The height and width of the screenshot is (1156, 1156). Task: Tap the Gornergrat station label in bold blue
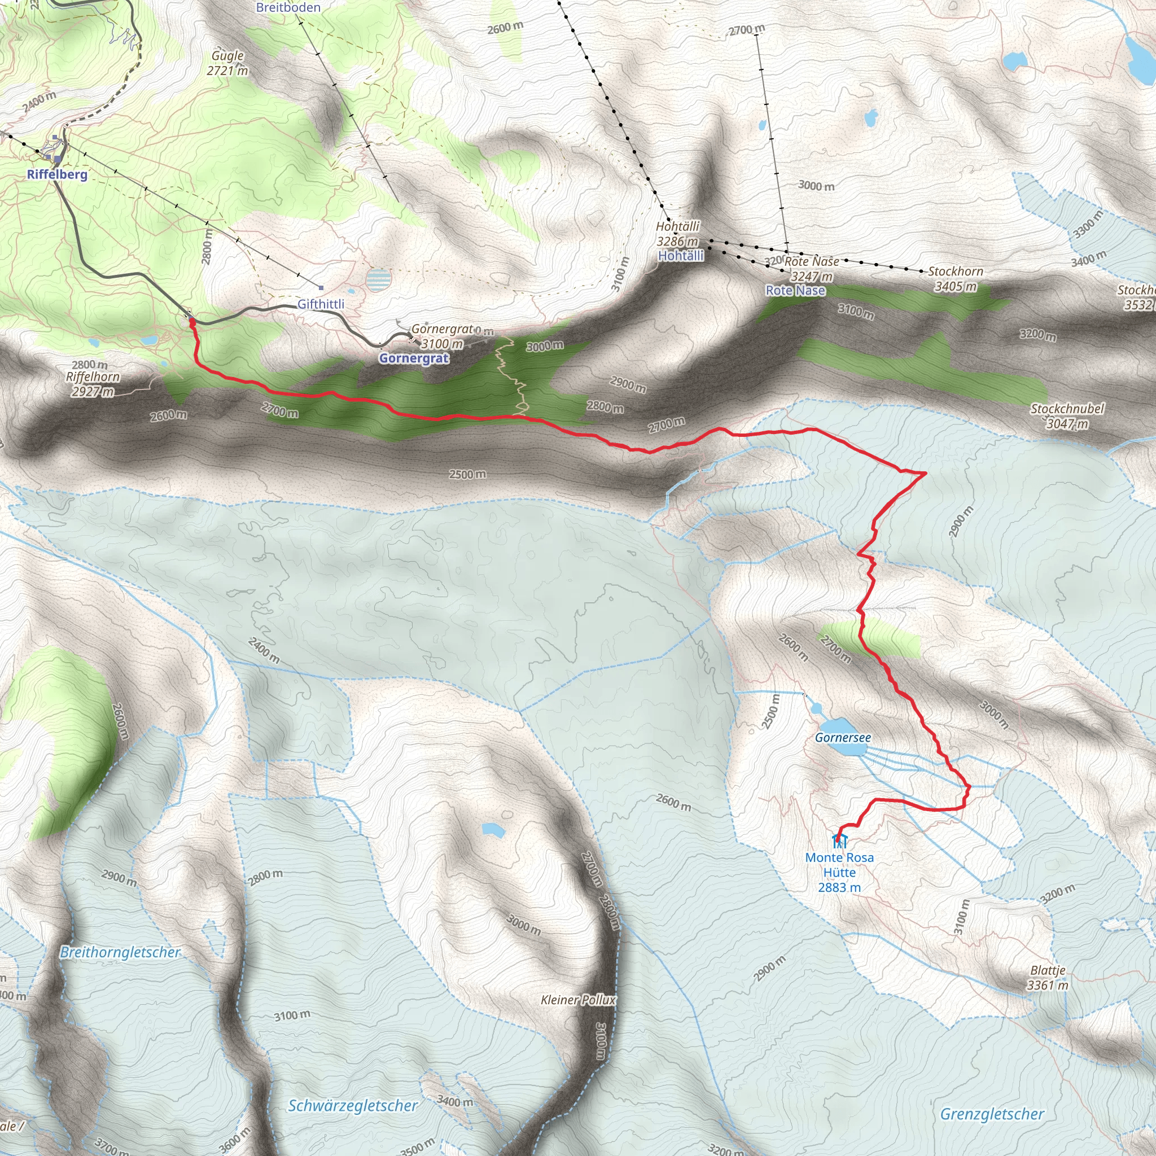pyautogui.click(x=413, y=358)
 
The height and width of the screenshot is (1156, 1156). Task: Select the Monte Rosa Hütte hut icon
pyautogui.click(x=839, y=840)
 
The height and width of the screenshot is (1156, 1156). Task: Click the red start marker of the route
pyautogui.click(x=192, y=322)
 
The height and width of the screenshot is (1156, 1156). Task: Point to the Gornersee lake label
pyautogui.click(x=843, y=738)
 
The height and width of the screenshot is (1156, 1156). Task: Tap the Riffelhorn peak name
pyautogui.click(x=93, y=377)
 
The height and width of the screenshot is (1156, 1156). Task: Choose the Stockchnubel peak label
pyautogui.click(x=1067, y=409)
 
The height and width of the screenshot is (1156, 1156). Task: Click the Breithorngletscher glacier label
pyautogui.click(x=120, y=953)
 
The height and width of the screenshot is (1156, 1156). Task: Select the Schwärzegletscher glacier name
pyautogui.click(x=352, y=1105)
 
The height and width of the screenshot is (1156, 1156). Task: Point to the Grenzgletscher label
pyautogui.click(x=992, y=1114)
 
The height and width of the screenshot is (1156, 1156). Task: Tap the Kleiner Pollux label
pyautogui.click(x=577, y=1000)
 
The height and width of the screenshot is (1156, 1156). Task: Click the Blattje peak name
pyautogui.click(x=1048, y=970)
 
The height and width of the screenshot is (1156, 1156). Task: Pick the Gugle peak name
pyautogui.click(x=227, y=56)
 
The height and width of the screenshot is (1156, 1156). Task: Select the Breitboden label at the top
pyautogui.click(x=288, y=8)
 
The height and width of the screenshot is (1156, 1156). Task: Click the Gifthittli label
pyautogui.click(x=321, y=305)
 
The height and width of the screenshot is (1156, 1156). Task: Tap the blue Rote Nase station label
pyautogui.click(x=795, y=291)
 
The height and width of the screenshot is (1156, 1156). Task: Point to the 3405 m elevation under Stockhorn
pyautogui.click(x=956, y=287)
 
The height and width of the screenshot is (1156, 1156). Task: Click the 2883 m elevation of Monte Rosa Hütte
pyautogui.click(x=839, y=887)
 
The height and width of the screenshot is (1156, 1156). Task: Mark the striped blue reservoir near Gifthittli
pyautogui.click(x=378, y=279)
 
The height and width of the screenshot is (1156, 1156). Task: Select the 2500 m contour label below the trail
pyautogui.click(x=467, y=475)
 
